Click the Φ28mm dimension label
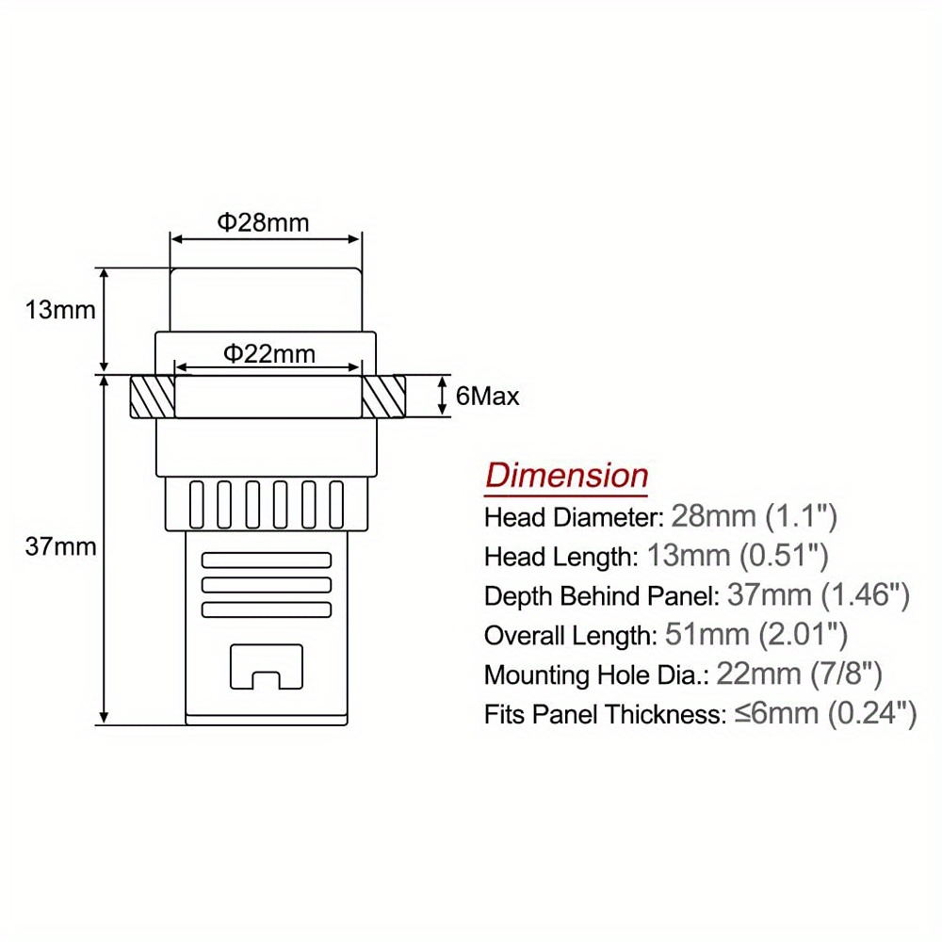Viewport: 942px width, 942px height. [x=263, y=222]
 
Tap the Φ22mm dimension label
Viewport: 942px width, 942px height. [x=269, y=353]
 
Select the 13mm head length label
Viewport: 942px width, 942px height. [x=60, y=310]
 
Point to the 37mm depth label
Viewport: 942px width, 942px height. [x=60, y=546]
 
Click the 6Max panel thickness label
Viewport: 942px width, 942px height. [x=487, y=396]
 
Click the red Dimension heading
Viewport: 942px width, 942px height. [x=566, y=475]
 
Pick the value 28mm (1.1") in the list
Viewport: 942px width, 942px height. [x=754, y=516]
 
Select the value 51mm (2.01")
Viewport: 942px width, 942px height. [x=756, y=634]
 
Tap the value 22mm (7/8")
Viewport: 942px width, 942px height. [x=800, y=674]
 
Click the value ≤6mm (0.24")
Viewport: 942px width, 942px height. [x=825, y=714]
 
